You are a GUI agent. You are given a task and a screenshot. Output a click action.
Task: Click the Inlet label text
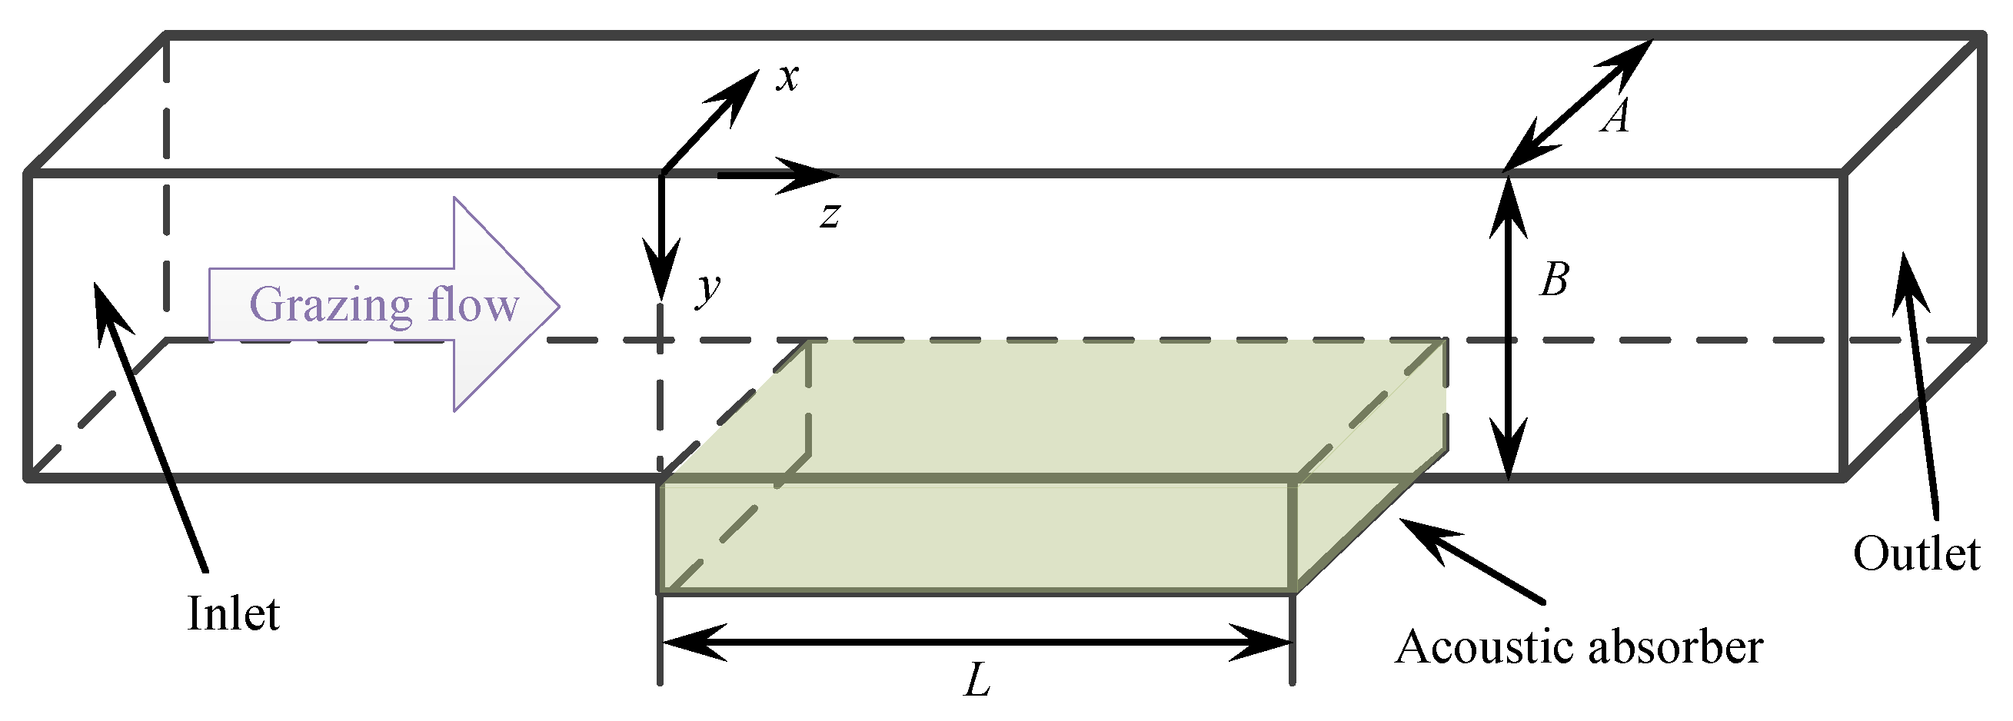click(x=233, y=614)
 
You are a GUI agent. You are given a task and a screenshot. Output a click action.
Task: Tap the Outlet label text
click(x=1916, y=555)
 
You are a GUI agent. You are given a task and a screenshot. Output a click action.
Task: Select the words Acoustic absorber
click(x=1579, y=647)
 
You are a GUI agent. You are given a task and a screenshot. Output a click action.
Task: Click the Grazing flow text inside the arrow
click(x=384, y=304)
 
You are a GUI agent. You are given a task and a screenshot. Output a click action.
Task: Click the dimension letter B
click(x=1553, y=279)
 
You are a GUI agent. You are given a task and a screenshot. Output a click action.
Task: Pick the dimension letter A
click(x=1615, y=118)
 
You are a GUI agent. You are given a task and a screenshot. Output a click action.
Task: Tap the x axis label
click(x=787, y=78)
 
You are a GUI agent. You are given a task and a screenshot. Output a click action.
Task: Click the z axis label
click(x=830, y=214)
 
